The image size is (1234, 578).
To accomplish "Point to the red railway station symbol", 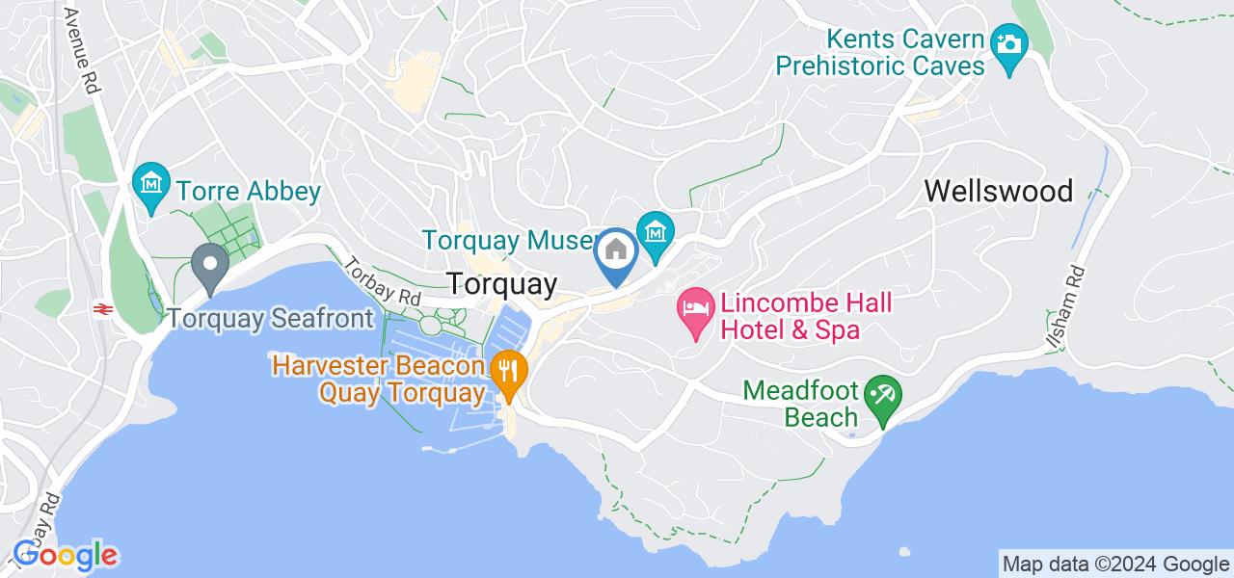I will (x=99, y=308).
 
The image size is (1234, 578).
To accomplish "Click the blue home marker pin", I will (x=616, y=252).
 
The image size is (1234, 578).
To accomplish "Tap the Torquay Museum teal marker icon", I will (x=656, y=232).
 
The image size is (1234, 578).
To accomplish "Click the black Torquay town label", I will (x=501, y=284).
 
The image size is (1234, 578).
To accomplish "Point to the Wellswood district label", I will (x=999, y=191).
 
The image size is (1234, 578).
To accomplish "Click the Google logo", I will (x=65, y=555).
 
